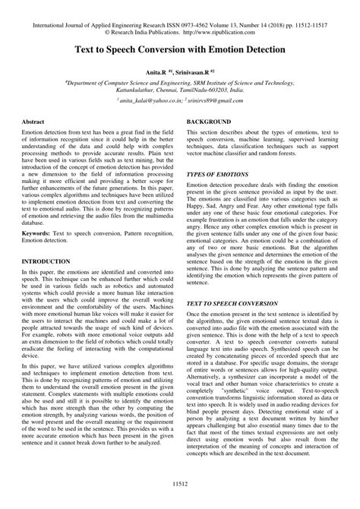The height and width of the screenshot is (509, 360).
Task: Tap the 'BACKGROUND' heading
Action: coord(209,122)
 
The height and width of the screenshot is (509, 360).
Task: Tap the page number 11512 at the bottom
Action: coord(179,482)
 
